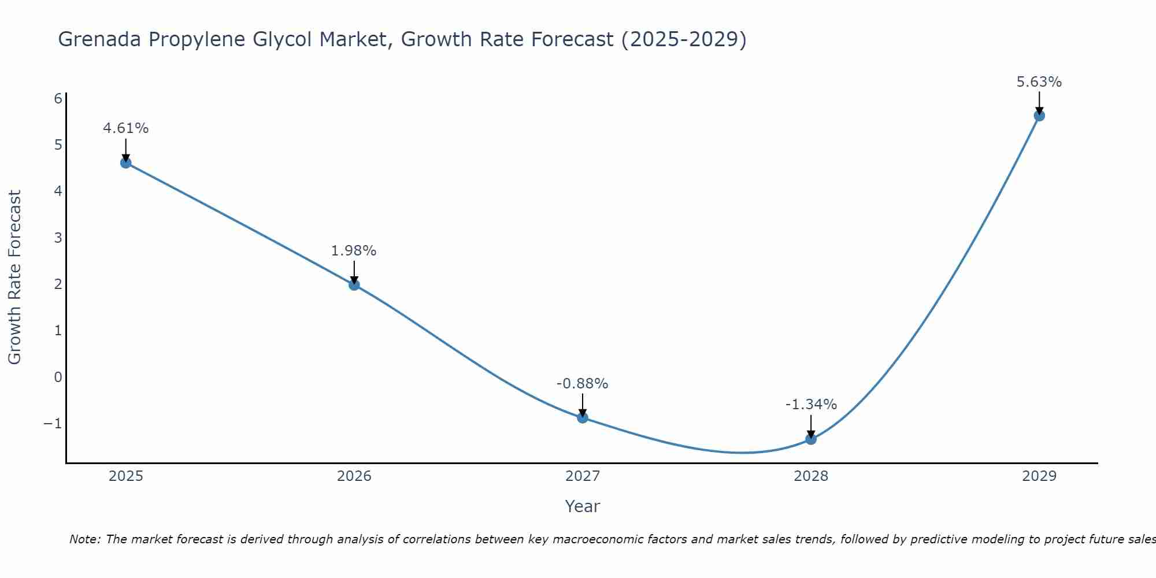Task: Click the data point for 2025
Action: click(x=126, y=162)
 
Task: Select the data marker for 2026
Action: click(x=354, y=284)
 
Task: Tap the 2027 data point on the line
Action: click(x=583, y=417)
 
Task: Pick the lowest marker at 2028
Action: click(x=811, y=439)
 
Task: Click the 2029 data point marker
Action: click(x=1039, y=116)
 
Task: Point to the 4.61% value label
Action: click(x=126, y=128)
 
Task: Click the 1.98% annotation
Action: click(x=354, y=251)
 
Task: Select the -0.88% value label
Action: click(x=582, y=384)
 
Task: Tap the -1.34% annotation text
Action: click(x=811, y=405)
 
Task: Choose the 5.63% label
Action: click(x=1039, y=82)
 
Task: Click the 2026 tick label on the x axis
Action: click(x=354, y=476)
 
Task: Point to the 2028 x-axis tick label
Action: click(x=811, y=476)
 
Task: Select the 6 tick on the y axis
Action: click(x=58, y=98)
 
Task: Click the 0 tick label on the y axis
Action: click(x=58, y=377)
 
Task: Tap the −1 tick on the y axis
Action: click(x=53, y=424)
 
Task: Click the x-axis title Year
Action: click(x=583, y=506)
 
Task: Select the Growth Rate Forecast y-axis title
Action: click(x=14, y=277)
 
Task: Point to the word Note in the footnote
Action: click(x=85, y=539)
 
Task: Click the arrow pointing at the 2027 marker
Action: click(x=583, y=405)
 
